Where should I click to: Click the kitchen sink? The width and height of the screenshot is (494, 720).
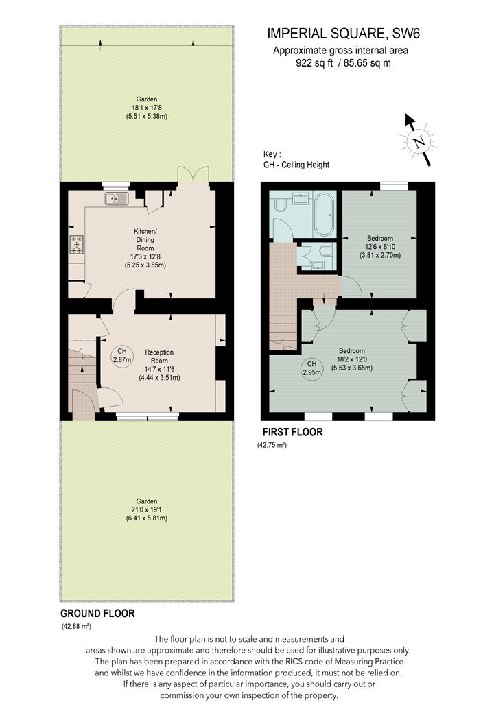pos(117,199)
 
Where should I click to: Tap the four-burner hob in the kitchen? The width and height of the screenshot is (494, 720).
pos(77,244)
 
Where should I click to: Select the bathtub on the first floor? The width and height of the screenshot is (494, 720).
pos(325,215)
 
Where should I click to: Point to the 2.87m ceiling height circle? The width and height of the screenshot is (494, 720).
pos(122,355)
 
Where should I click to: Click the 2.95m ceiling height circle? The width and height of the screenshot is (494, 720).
pos(312,368)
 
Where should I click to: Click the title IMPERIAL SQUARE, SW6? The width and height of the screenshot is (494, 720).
pos(344,34)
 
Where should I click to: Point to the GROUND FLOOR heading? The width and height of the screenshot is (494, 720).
pos(98,614)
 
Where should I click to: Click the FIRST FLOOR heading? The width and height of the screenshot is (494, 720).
pos(293,432)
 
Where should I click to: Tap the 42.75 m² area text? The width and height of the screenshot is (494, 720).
pos(272,445)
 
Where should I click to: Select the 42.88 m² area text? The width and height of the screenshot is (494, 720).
pos(76,626)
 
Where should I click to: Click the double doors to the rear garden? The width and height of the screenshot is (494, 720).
pos(193,174)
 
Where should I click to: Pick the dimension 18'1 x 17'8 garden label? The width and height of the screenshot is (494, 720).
pos(147,108)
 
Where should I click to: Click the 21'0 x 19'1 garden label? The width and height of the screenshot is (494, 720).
pos(147,509)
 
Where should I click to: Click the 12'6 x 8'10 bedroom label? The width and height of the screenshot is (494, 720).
pos(380,247)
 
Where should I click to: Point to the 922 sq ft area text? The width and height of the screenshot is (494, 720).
pos(314,63)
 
